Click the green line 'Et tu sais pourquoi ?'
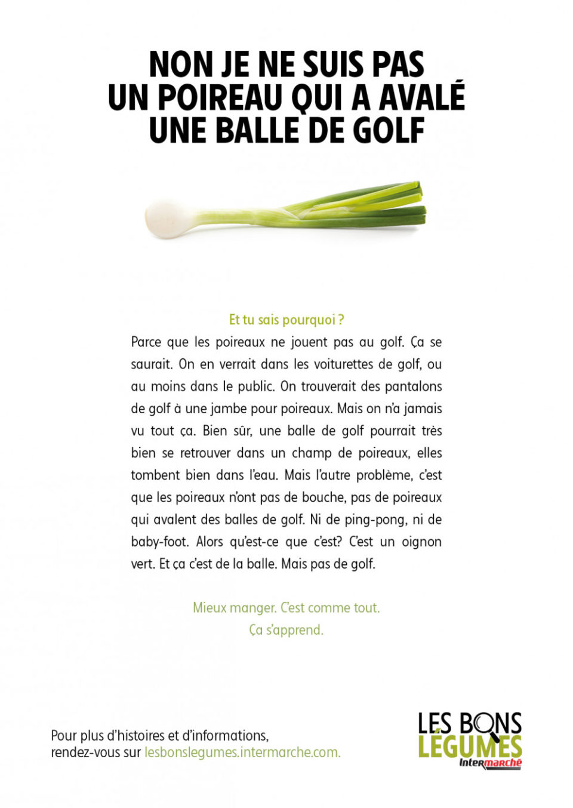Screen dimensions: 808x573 [286, 320]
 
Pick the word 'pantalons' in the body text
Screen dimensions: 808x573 [413, 386]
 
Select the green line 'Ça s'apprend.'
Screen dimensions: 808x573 [286, 630]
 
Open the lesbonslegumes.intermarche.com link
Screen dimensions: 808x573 [242, 752]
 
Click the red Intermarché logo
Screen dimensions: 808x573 [490, 763]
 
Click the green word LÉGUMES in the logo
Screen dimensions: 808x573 [470, 746]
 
